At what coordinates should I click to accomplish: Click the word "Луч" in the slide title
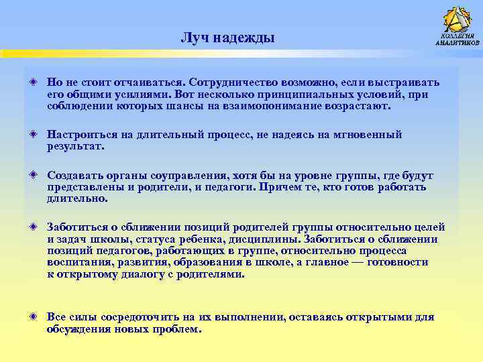click(194, 38)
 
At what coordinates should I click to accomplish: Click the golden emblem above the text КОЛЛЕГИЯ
click(458, 19)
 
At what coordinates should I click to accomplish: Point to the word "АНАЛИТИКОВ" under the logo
click(458, 43)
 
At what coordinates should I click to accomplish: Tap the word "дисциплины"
click(266, 239)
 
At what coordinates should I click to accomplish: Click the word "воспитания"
click(78, 263)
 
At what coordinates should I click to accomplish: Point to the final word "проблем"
click(177, 329)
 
